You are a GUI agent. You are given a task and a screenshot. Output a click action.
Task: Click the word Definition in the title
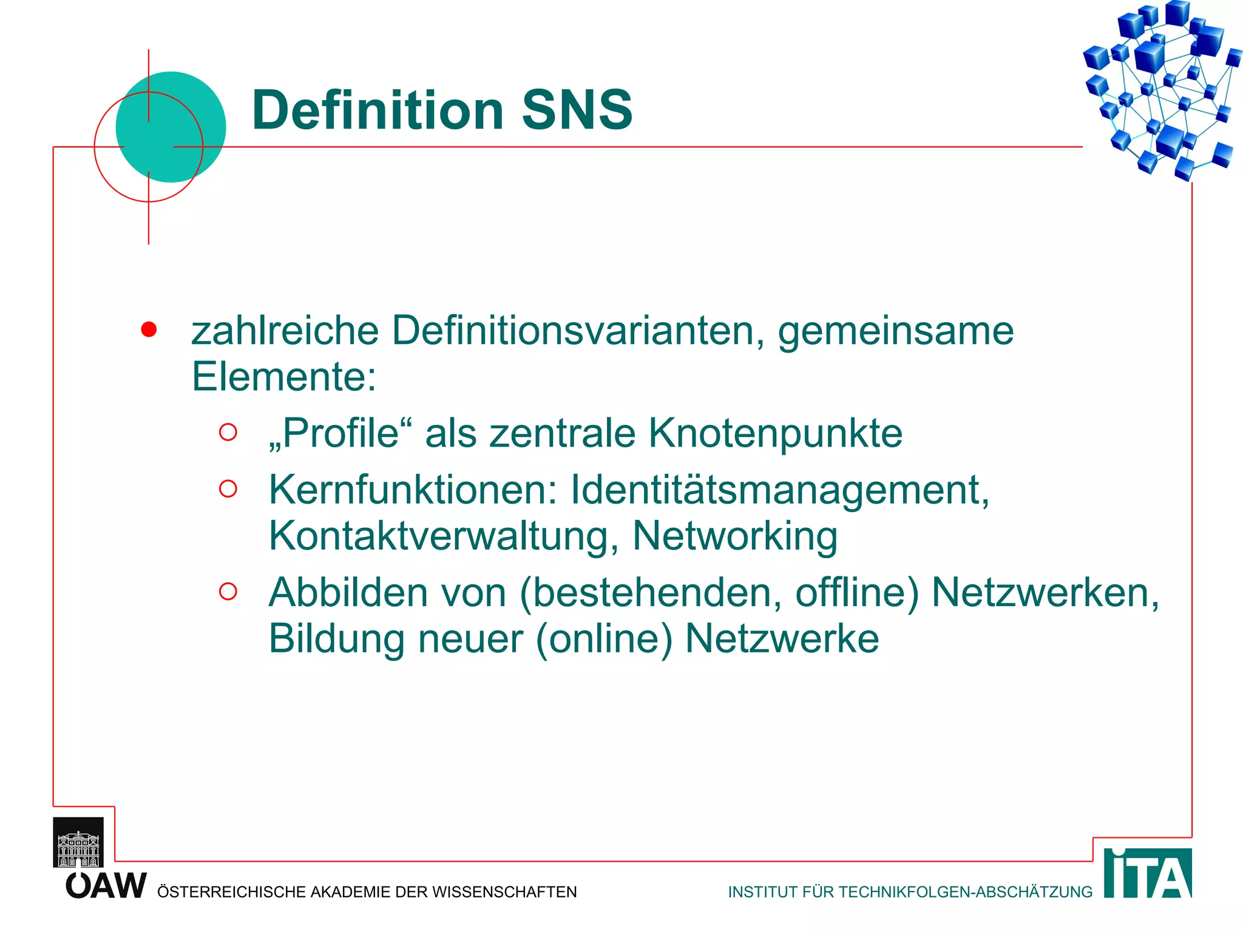click(378, 110)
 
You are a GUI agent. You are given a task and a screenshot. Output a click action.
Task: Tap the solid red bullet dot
click(149, 329)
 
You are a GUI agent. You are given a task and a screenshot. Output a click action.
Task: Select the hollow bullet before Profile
click(228, 432)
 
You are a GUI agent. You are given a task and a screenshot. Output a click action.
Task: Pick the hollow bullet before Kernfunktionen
click(228, 488)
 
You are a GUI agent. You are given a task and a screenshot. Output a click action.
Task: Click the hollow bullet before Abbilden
click(228, 591)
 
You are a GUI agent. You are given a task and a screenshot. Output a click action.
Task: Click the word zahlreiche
click(285, 331)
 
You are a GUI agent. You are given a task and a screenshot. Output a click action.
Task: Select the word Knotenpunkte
click(775, 433)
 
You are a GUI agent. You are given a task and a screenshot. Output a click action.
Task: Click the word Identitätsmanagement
click(779, 490)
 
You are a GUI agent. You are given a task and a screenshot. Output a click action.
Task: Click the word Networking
click(734, 536)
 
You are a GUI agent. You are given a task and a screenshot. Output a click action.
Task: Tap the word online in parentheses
click(604, 639)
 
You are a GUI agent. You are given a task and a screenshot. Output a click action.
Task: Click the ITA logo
click(1147, 874)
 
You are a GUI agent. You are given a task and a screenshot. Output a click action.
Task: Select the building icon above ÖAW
click(78, 842)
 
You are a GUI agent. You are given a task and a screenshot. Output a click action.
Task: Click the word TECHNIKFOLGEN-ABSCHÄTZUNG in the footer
click(965, 892)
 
